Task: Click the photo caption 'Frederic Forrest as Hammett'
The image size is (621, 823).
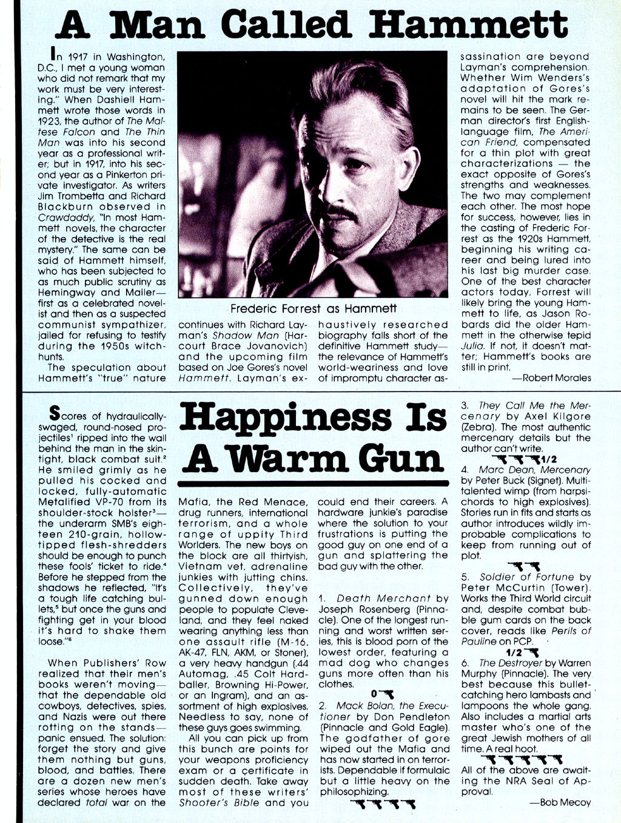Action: click(314, 309)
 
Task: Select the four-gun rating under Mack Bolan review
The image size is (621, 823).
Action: click(384, 805)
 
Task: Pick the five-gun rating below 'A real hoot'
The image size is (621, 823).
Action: click(522, 759)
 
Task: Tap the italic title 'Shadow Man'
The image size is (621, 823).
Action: click(238, 336)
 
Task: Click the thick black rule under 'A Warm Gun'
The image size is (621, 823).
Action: click(314, 484)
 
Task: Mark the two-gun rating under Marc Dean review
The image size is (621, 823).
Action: click(520, 566)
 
